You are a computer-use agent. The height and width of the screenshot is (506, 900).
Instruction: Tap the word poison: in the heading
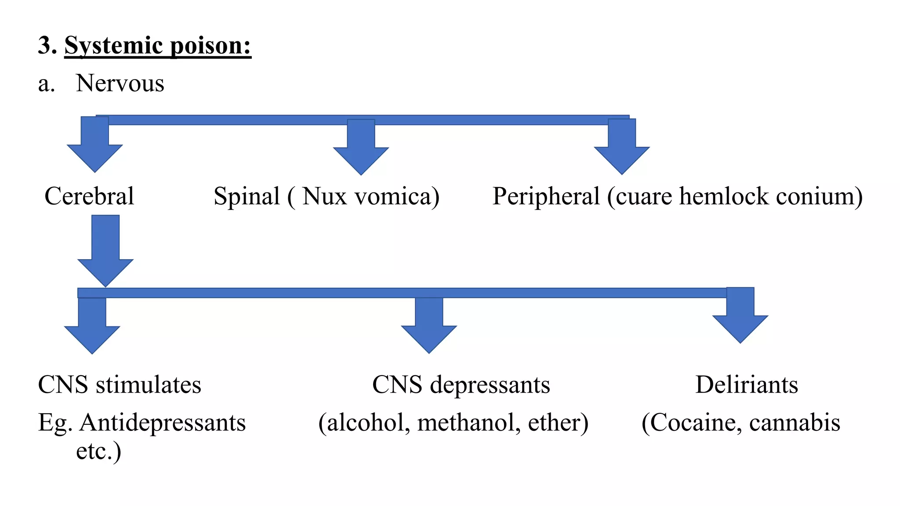[x=210, y=46]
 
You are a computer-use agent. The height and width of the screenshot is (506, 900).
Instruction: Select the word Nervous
[x=120, y=83]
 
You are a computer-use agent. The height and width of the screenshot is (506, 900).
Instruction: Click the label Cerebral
[x=89, y=196]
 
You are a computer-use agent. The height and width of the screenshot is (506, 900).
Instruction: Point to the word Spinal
[x=247, y=196]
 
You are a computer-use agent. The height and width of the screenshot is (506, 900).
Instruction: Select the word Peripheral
[x=546, y=196]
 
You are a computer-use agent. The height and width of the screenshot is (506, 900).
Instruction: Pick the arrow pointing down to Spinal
[x=361, y=149]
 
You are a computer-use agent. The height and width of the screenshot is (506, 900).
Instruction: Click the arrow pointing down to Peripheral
[x=622, y=149]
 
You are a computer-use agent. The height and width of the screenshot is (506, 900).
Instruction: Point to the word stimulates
[x=148, y=385]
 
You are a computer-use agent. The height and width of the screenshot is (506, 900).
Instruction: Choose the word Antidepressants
[x=163, y=423]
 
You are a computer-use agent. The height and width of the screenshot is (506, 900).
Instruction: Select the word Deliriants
[x=747, y=385]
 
